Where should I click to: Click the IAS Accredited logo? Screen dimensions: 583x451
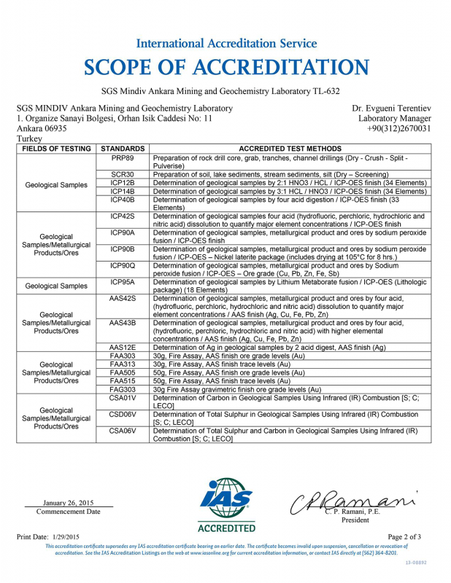pyautogui.click(x=226, y=504)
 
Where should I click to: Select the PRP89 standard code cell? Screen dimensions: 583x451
pyautogui.click(x=122, y=157)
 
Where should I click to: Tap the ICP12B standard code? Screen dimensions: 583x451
pyautogui.click(x=122, y=182)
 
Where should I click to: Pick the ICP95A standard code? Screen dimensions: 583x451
pyautogui.click(x=122, y=282)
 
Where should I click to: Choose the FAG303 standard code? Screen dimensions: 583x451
pyautogui.click(x=122, y=389)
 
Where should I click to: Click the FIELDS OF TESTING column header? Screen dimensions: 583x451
pyautogui.click(x=56, y=148)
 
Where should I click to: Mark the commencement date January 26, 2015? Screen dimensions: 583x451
pyautogui.click(x=69, y=503)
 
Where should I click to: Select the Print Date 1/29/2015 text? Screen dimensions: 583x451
pyautogui.click(x=51, y=537)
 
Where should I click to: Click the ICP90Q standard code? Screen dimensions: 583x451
pyautogui.click(x=122, y=265)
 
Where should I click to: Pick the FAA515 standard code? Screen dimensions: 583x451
pyautogui.click(x=122, y=380)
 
